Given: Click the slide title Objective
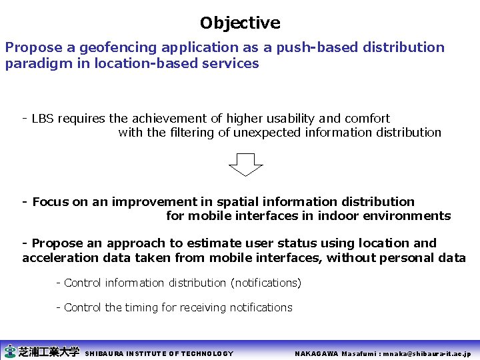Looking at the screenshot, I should [240, 23].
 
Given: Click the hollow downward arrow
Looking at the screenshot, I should [246, 164].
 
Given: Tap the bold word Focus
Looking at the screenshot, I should [50, 202].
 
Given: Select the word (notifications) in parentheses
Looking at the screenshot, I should [265, 283].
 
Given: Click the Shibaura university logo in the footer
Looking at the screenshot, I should [41, 351].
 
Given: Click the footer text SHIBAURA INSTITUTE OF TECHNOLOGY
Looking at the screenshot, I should [159, 353].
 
